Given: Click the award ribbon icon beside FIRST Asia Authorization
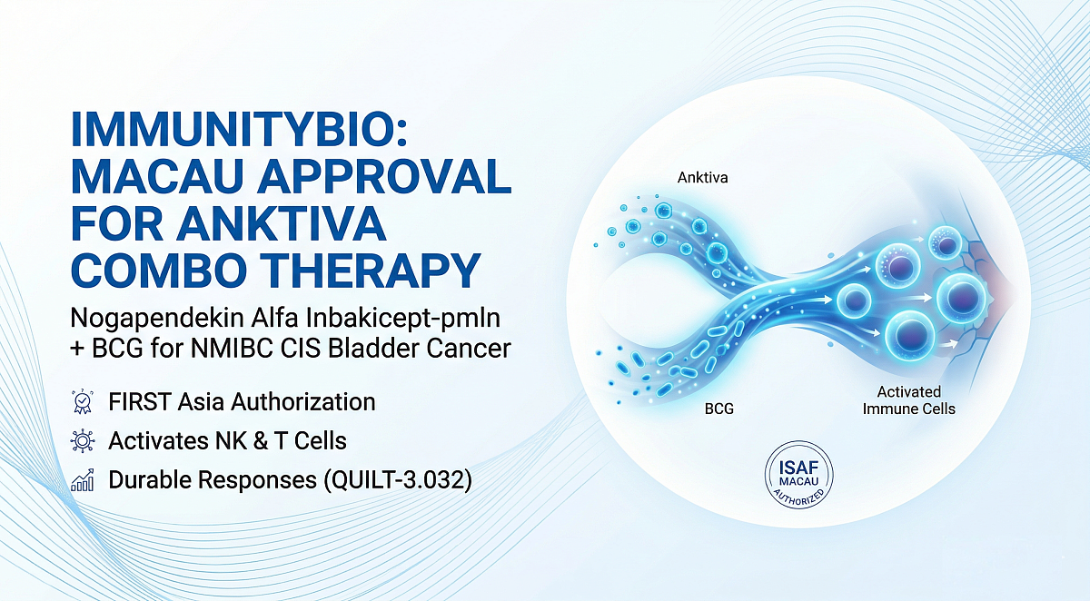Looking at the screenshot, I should [82, 400].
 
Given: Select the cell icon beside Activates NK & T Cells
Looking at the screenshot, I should [82, 441].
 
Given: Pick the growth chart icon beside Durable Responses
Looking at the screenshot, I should [82, 481].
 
